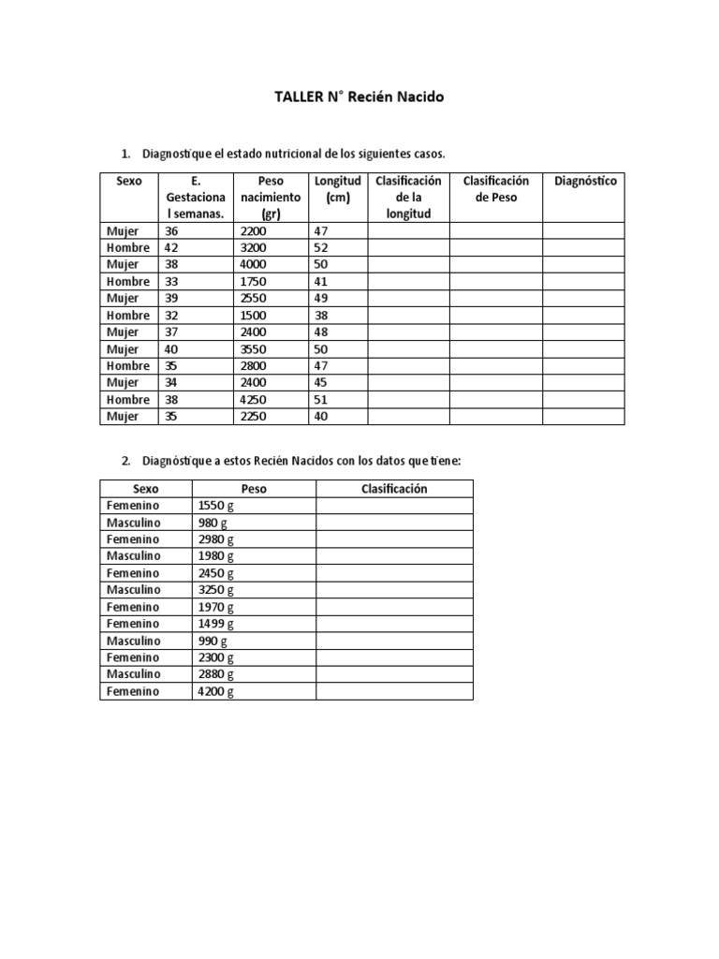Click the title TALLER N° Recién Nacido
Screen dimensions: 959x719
359,96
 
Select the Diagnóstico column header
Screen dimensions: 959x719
585,181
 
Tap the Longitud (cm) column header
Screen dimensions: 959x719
337,189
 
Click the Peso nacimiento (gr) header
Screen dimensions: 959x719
271,198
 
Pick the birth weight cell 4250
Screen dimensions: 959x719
254,399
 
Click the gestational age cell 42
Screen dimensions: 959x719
170,247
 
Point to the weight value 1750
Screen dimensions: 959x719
254,281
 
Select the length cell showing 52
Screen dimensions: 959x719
321,247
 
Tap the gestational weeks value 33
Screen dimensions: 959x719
170,281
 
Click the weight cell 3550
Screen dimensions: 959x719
254,348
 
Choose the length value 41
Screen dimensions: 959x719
321,281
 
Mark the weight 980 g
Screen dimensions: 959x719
213,523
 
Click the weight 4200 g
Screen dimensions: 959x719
216,691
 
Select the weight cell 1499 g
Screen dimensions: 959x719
216,624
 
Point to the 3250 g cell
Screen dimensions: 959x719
216,590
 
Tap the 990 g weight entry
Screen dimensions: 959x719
213,641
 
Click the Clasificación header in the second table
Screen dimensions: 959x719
394,489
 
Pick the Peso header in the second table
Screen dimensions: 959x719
254,489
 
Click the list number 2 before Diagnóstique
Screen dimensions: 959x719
125,461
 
